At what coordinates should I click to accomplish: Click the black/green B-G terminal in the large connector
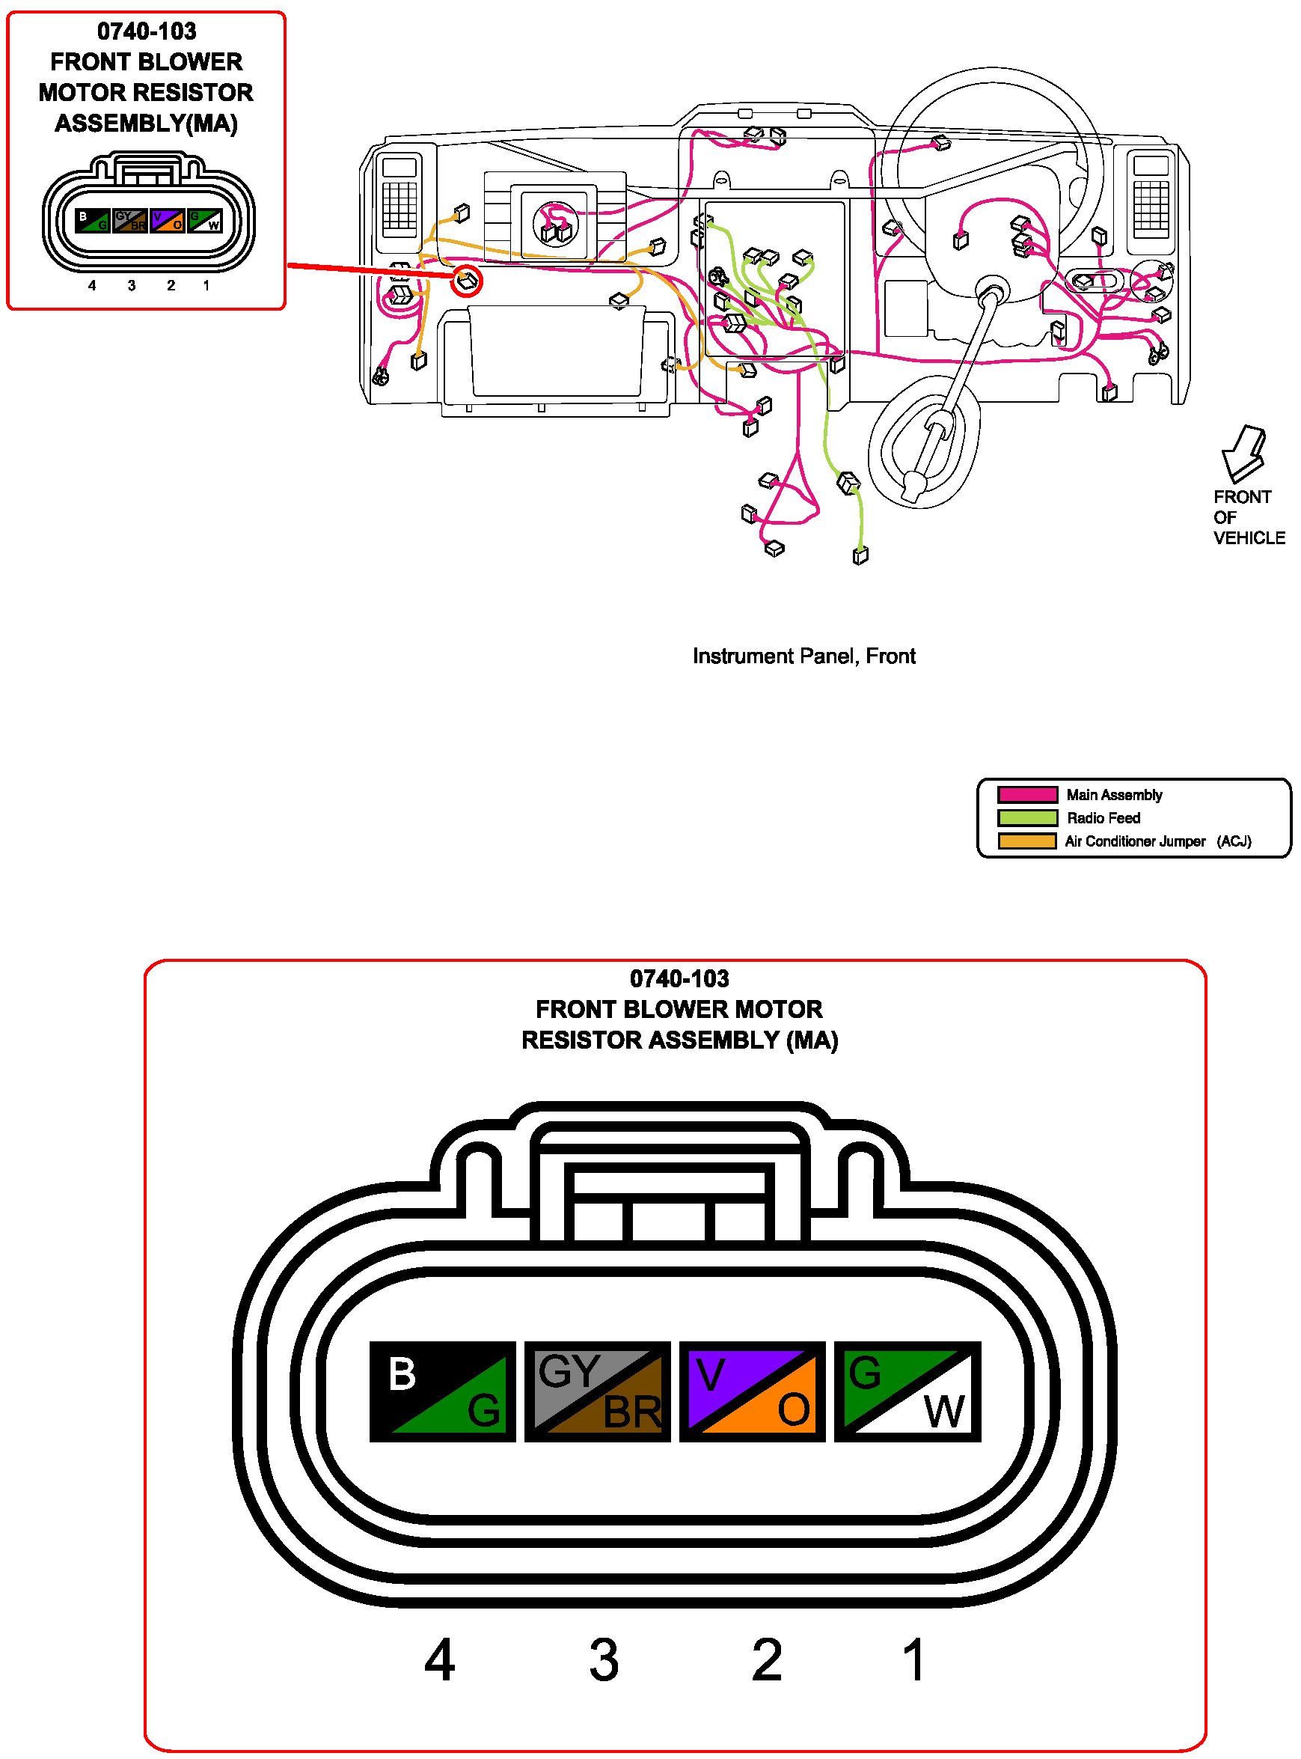443,1392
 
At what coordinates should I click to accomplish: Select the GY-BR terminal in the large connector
598,1392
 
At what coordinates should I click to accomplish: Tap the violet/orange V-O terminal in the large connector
752,1392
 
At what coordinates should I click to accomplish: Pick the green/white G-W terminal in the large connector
907,1392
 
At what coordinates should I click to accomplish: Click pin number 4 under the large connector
439,1659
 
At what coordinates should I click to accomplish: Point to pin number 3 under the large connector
604,1659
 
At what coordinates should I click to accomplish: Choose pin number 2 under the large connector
767,1659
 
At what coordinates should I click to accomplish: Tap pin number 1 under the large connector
913,1659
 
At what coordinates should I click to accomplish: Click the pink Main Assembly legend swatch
1027,794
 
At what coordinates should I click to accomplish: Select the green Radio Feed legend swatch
1027,817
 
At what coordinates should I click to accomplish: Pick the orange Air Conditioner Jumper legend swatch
1027,841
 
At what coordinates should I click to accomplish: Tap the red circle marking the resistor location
466,281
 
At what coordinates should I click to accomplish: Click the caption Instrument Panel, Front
804,656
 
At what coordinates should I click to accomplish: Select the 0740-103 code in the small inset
147,31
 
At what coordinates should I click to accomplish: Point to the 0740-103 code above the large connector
679,979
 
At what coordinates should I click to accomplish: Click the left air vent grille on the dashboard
400,196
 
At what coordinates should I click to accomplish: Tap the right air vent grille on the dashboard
1151,196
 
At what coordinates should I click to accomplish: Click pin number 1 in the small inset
206,285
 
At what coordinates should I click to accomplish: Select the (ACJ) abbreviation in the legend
1234,841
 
